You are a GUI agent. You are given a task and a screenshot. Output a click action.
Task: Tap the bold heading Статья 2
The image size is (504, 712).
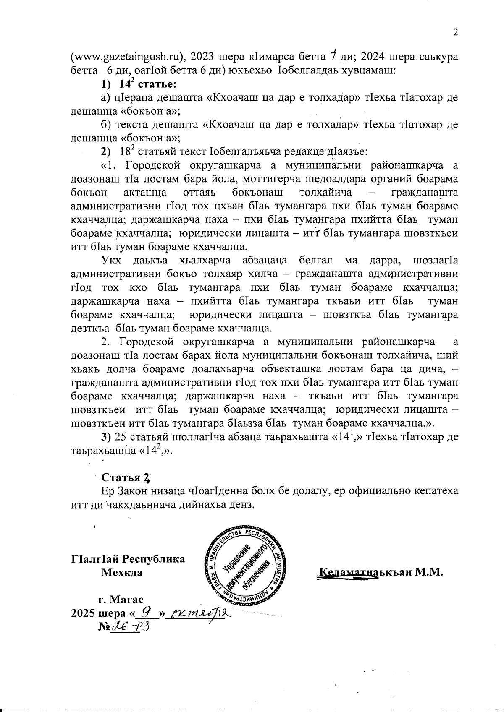point(126,477)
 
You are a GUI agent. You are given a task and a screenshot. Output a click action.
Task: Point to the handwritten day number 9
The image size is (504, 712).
point(146,612)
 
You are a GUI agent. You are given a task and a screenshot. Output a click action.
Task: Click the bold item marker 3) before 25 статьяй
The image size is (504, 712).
point(106,437)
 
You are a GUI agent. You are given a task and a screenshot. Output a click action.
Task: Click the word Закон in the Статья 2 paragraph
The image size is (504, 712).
point(136,490)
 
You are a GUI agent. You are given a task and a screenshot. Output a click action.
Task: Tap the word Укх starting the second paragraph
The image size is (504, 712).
point(111,261)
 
